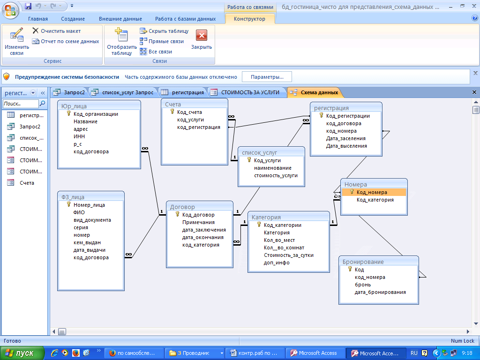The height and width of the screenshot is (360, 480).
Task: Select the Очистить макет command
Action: point(57,31)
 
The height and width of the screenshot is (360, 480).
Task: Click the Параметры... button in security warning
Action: point(267,77)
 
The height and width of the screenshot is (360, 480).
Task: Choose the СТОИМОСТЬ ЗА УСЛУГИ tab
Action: point(246,92)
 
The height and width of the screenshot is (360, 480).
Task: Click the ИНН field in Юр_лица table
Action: point(79,136)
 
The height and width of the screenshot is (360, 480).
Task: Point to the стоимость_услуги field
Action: point(276,175)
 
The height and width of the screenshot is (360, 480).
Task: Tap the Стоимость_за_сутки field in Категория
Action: point(289,255)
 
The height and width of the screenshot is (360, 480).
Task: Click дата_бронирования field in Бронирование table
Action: point(380,292)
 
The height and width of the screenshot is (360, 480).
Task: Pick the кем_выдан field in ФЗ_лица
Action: point(87,242)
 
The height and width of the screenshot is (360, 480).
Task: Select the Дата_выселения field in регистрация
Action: point(346,146)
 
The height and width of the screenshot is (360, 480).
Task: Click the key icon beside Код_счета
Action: point(172,112)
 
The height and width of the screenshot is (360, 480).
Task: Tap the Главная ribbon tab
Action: point(38,19)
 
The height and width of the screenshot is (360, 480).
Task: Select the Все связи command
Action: point(156,52)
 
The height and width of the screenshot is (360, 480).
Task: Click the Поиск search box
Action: point(21,104)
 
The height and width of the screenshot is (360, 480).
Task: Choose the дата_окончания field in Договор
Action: point(203,237)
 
